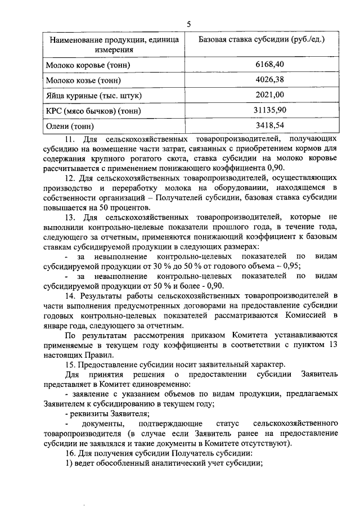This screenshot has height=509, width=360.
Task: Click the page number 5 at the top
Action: click(x=189, y=24)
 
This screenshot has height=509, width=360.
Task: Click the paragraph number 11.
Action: click(x=70, y=138)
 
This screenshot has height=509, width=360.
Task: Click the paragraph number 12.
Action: click(x=70, y=178)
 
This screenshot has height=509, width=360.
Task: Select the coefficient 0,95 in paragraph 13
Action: click(x=290, y=266)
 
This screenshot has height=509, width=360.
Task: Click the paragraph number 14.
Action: click(x=70, y=296)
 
